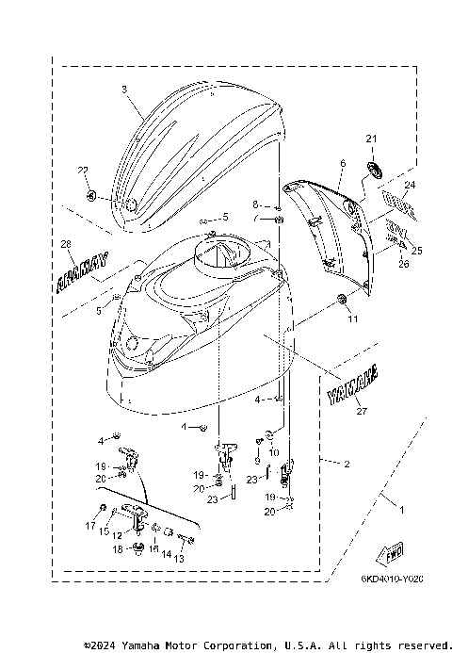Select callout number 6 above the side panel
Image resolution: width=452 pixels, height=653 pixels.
(x=342, y=163)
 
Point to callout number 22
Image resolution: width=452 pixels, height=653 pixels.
(x=82, y=170)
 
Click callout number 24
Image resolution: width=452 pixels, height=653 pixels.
(x=408, y=185)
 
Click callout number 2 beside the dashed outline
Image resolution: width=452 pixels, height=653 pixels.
(x=347, y=464)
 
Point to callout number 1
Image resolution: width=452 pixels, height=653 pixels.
(x=403, y=510)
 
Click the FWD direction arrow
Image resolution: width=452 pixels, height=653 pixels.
(x=390, y=553)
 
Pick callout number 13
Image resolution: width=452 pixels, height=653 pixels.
(x=178, y=558)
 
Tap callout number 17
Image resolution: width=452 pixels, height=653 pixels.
(x=91, y=525)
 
